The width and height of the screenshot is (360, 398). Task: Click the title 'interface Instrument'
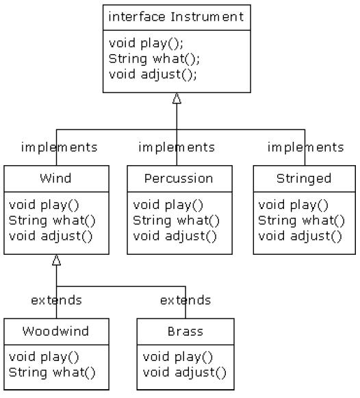[176, 17]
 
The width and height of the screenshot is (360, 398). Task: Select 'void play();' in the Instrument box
[146, 43]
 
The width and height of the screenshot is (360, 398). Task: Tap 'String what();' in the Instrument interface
[154, 59]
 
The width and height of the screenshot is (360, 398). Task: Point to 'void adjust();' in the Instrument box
[153, 75]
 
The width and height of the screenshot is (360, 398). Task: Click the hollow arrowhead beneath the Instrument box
[177, 98]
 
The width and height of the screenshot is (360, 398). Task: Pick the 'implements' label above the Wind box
[59, 147]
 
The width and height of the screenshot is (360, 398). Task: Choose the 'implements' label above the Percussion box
[177, 147]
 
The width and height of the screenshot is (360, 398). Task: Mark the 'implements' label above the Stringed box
[305, 147]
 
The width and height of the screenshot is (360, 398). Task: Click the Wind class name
[55, 178]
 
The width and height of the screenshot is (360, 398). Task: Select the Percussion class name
[179, 178]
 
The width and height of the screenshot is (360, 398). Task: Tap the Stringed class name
[304, 178]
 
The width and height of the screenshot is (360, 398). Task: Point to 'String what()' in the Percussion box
[176, 221]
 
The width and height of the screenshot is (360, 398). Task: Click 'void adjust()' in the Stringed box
[300, 236]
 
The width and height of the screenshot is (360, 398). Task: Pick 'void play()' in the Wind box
[44, 205]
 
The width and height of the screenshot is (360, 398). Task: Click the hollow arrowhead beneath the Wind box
[57, 260]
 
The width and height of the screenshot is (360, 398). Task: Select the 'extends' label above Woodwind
[56, 300]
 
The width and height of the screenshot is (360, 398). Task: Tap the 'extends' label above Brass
[185, 300]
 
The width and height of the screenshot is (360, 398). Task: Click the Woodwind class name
[55, 332]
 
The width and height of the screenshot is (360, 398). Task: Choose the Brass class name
[185, 332]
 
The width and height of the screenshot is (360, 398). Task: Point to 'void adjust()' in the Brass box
[184, 373]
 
